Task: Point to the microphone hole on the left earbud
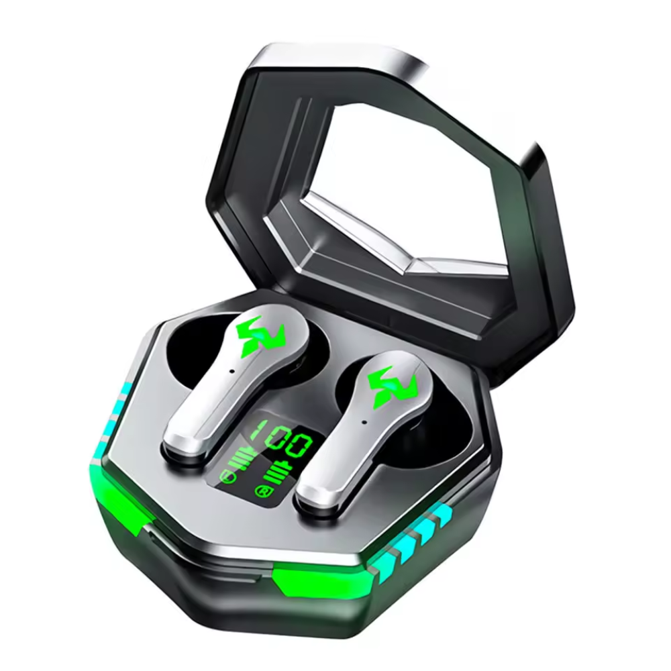click(231, 370)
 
